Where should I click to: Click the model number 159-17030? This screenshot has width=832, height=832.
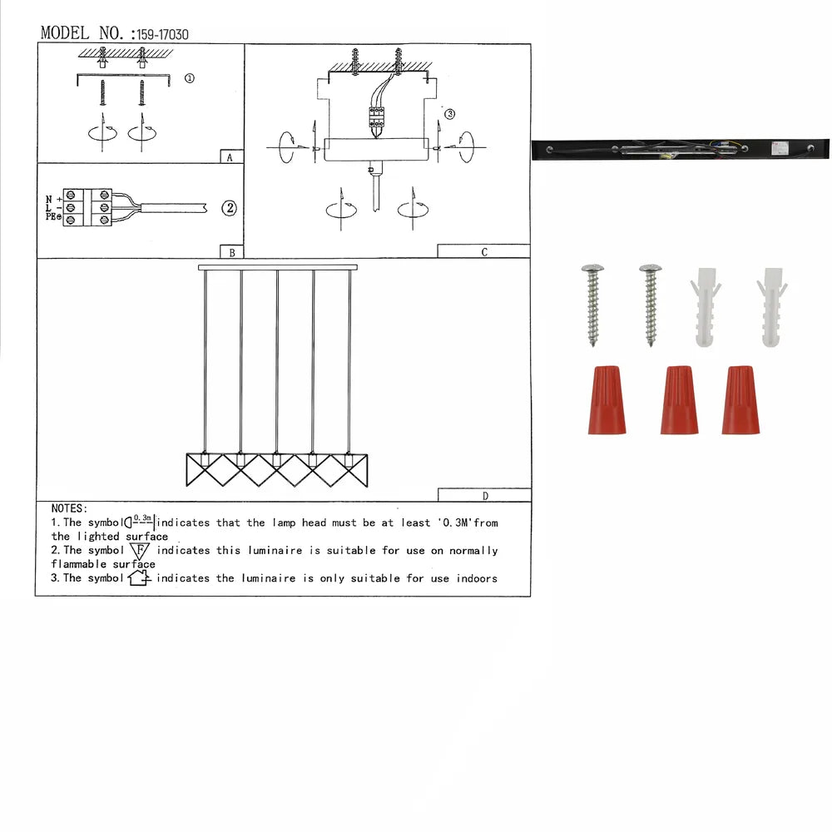[163, 34]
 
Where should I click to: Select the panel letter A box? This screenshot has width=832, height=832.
[230, 156]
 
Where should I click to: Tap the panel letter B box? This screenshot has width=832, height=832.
[230, 251]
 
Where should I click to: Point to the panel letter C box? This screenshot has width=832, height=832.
[483, 251]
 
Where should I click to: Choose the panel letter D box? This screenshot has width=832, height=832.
[484, 495]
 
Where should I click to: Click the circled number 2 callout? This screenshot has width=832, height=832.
[229, 208]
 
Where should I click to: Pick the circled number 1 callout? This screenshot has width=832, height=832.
[189, 78]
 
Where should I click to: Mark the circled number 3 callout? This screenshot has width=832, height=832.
[450, 114]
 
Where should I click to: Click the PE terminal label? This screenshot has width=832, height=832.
[52, 217]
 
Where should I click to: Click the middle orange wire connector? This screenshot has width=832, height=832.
[679, 399]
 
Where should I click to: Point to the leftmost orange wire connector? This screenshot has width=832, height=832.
[607, 399]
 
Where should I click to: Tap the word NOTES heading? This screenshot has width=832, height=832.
[68, 508]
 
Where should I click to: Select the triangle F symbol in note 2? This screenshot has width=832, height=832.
[140, 552]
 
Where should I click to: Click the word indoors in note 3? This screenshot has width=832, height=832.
[476, 578]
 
